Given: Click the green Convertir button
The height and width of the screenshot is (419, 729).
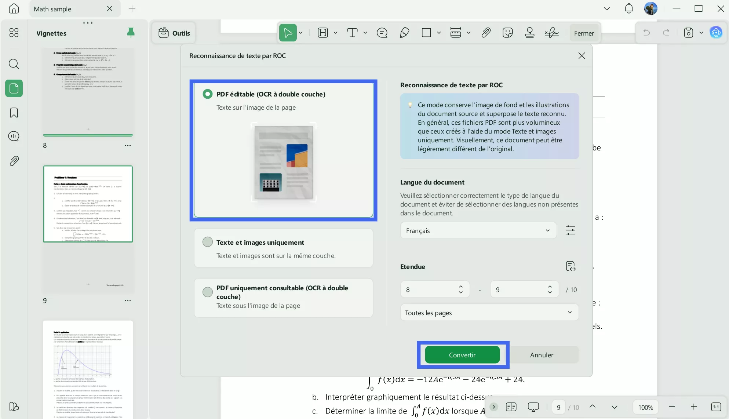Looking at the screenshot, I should coord(462,355).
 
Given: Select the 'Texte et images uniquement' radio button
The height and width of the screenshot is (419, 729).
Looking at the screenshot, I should coord(208,242).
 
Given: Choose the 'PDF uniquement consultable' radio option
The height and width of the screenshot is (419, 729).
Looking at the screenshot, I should coord(208,292).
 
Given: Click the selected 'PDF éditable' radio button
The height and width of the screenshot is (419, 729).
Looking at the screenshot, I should coord(208,94).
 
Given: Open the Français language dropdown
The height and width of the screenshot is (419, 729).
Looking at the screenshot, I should coord(478,230).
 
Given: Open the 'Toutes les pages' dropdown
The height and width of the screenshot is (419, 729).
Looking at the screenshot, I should coord(489,313).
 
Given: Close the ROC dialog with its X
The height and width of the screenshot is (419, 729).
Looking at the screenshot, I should coord(582,56).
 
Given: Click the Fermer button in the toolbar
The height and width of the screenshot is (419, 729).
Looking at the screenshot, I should coord(584,33).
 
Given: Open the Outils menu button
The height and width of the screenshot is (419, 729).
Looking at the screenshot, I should coord(174,33).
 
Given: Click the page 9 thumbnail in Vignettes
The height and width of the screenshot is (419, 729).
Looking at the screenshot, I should coord(88,204).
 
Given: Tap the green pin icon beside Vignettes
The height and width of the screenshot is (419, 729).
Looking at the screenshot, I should coord(131,33).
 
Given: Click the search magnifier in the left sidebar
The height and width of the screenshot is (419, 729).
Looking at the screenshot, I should coord(14,64).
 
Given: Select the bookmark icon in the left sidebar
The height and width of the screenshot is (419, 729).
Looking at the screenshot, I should coord(14,113).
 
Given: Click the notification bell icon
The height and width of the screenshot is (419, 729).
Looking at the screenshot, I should coord(628,8).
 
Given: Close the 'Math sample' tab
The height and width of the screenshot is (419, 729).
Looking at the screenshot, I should coord(109,9).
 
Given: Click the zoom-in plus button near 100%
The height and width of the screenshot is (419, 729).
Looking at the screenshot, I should coord(693,407).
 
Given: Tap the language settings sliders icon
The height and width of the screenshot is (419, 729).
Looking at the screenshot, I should coord(570,230).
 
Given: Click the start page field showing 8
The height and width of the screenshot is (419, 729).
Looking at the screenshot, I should coord(429,289).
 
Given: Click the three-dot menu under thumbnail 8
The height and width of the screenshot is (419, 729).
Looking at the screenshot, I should coord(128,145).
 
